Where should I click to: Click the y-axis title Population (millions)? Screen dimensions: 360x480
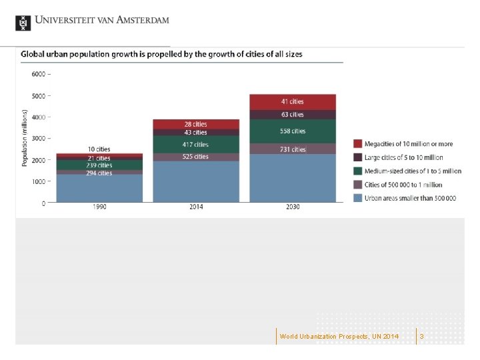click(x=25, y=138)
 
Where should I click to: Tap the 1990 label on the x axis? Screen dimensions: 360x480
click(x=99, y=207)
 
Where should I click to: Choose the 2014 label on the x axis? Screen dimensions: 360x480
click(x=196, y=207)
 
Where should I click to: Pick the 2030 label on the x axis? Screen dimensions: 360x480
click(x=293, y=207)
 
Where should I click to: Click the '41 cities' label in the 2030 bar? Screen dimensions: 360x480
click(x=293, y=101)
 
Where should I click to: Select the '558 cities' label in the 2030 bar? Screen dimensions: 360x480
click(x=293, y=131)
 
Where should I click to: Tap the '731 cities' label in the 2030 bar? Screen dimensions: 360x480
click(x=293, y=149)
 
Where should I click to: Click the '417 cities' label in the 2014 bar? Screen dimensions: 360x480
click(x=196, y=145)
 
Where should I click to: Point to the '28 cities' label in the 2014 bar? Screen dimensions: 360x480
click(x=196, y=124)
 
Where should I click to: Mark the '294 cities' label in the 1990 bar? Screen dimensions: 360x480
click(x=99, y=173)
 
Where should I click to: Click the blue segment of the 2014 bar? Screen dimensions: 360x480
click(x=196, y=181)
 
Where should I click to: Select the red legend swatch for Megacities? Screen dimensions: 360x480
click(x=358, y=144)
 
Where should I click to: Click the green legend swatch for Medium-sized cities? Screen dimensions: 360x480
click(x=358, y=171)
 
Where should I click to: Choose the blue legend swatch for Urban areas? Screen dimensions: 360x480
click(x=358, y=198)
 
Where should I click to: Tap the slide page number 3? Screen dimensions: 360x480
click(x=421, y=337)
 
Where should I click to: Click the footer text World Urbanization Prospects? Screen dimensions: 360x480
click(x=339, y=337)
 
